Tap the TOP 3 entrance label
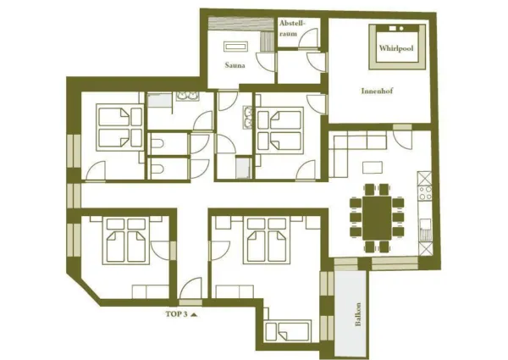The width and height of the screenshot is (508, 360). [175, 313]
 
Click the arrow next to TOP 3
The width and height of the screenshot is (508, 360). [194, 313]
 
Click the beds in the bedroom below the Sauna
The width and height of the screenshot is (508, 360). [276, 126]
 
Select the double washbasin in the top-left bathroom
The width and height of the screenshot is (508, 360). [186, 98]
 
